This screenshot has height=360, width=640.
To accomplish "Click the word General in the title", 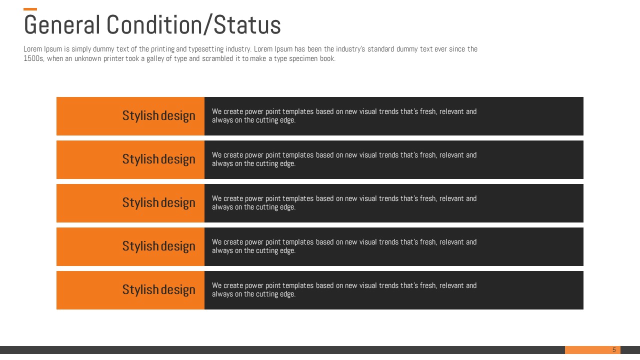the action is tap(62, 25).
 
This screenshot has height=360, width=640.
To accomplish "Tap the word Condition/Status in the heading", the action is tap(193, 25).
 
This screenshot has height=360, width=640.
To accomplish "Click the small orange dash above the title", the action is tap(30, 9).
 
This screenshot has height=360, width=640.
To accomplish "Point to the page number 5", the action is tap(614, 349).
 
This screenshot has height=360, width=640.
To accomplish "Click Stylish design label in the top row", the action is tap(159, 115).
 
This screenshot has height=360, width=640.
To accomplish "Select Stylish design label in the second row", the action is tap(159, 159).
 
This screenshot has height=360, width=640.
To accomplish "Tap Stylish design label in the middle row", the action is tap(159, 202).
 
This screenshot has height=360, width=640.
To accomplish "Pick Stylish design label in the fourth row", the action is tap(159, 246).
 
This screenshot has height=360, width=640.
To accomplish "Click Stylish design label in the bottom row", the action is tap(159, 289).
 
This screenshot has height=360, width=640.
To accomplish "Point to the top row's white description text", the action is tap(344, 115).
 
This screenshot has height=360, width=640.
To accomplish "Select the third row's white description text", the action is tap(344, 202).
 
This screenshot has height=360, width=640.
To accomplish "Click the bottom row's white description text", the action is tap(344, 289).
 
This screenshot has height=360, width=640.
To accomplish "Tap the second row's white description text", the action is tap(344, 159).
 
